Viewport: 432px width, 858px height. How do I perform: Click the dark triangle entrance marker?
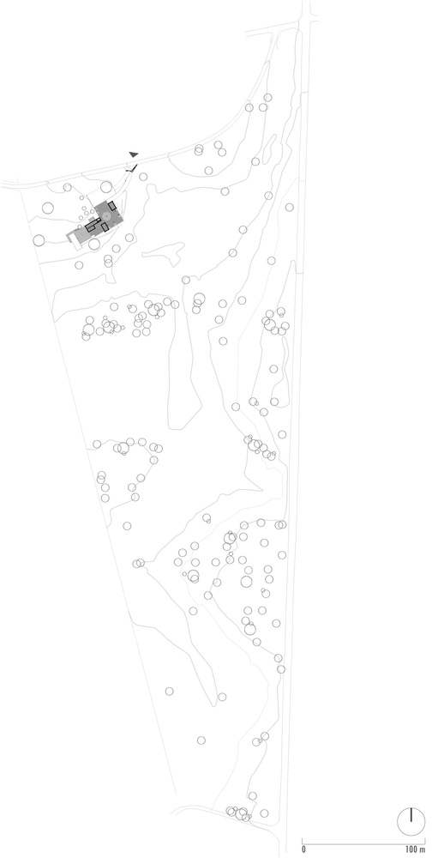point(134,154)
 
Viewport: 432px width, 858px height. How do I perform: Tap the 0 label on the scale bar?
point(304,849)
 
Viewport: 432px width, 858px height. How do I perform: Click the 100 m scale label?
point(415,849)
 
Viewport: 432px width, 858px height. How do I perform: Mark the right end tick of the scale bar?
point(424,842)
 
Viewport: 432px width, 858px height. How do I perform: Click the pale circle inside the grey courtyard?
point(107,216)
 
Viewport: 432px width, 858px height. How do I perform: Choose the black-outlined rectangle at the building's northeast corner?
point(112,206)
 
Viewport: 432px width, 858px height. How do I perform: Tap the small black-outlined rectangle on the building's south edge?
point(105,227)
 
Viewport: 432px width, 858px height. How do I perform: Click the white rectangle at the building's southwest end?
point(76,245)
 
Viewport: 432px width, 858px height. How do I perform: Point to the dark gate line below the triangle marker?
point(135,167)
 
